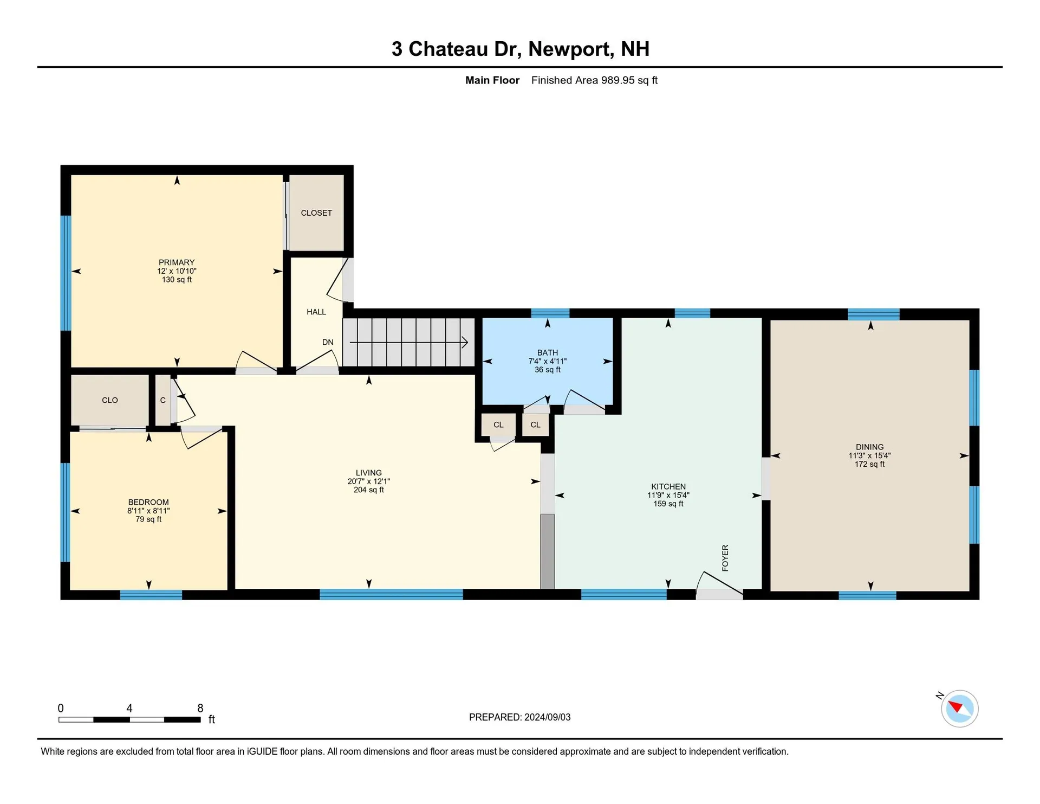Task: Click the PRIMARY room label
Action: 177,262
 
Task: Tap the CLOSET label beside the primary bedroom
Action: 316,213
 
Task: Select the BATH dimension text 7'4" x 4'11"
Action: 547,361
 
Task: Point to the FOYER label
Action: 725,558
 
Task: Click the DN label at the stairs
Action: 328,342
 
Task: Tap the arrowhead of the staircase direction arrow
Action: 465,342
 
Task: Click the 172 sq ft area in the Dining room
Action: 869,464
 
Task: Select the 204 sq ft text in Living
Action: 368,490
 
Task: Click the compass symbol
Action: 959,708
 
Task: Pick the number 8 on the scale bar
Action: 200,708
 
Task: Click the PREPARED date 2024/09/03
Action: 547,717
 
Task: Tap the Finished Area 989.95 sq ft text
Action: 594,80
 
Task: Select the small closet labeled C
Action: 162,400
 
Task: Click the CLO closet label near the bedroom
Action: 110,400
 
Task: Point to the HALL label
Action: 316,312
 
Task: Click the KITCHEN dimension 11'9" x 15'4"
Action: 668,495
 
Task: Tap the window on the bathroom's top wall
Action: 550,313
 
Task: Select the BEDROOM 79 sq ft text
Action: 148,519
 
